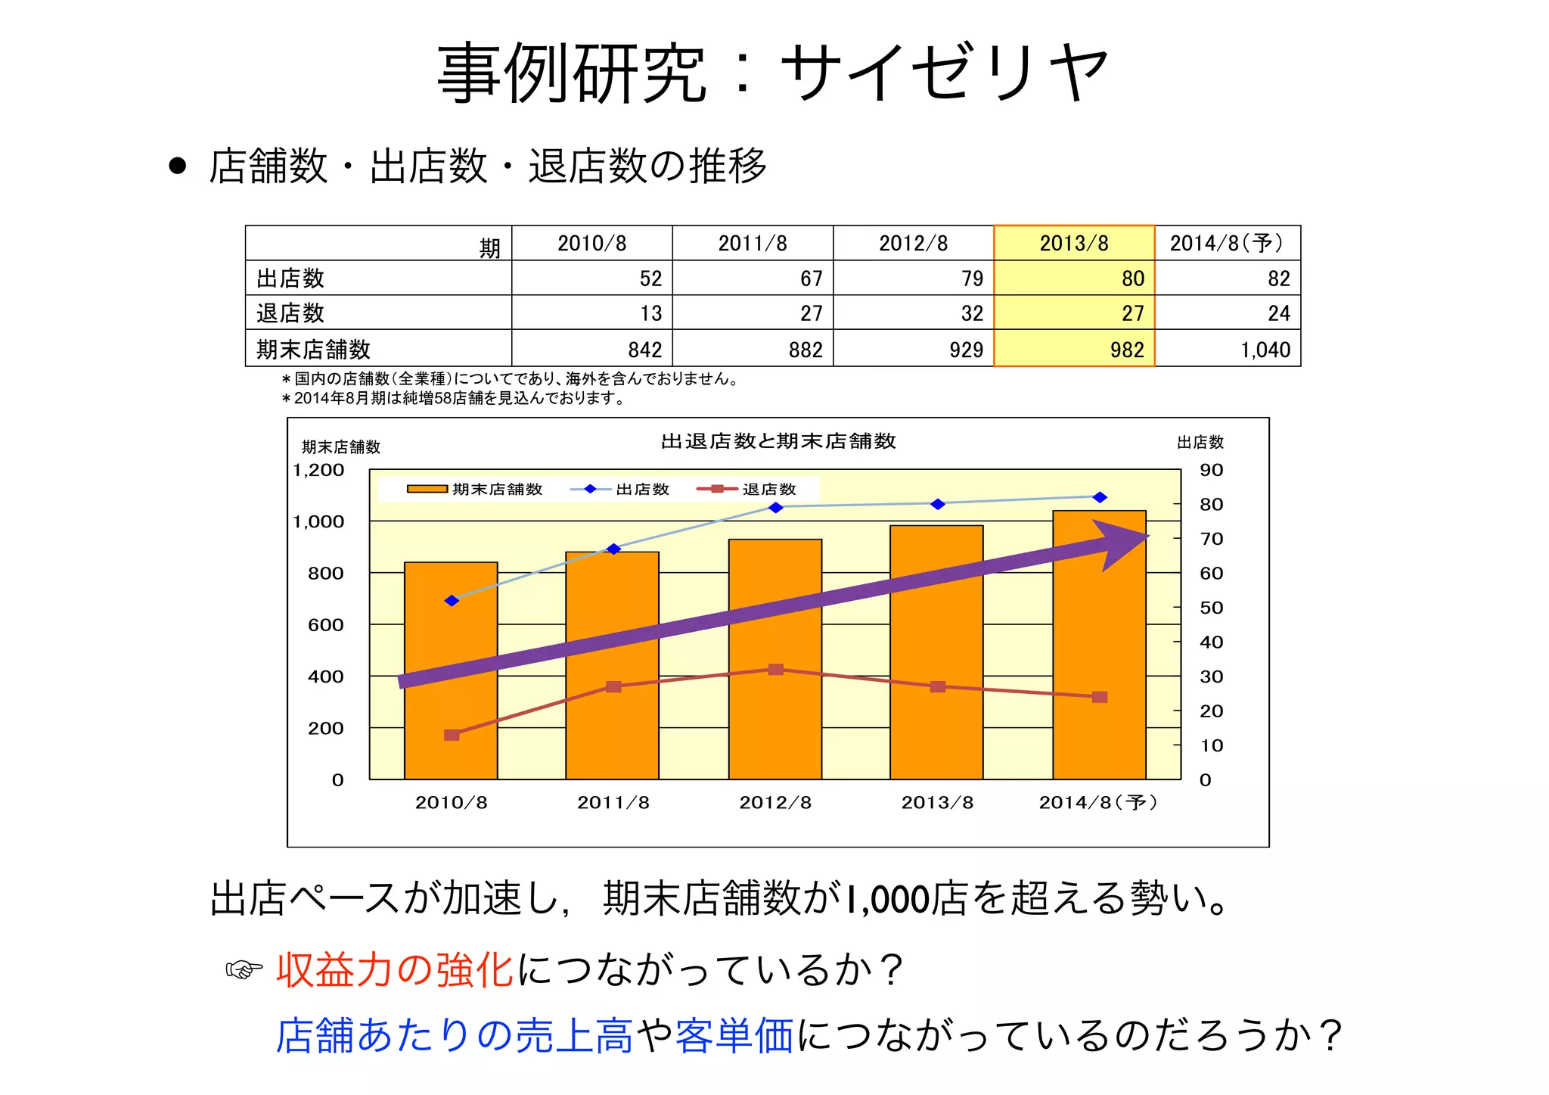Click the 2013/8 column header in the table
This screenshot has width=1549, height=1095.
(x=1073, y=243)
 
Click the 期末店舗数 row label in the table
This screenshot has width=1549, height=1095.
(x=313, y=350)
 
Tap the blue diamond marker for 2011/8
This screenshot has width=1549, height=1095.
(x=614, y=549)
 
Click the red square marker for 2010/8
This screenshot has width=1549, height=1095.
(x=452, y=735)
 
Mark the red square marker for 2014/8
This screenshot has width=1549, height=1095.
(x=1100, y=697)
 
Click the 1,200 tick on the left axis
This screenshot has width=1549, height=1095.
(x=318, y=470)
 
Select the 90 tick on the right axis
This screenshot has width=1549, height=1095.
(x=1211, y=470)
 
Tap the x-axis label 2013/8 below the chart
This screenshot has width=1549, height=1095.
(x=937, y=803)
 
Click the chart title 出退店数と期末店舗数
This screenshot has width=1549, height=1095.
(x=778, y=441)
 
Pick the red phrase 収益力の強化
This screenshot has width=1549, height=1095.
(x=395, y=969)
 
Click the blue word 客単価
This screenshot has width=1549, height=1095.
(x=734, y=1035)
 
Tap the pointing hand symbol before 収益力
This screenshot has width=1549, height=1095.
(x=244, y=969)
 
